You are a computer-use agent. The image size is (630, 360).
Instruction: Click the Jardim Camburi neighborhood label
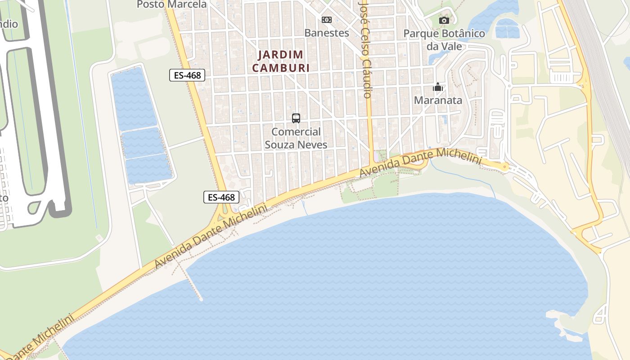(x=281, y=61)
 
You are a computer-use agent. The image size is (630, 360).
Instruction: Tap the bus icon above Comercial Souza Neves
(x=296, y=118)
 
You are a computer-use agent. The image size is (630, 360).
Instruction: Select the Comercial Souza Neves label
(x=296, y=138)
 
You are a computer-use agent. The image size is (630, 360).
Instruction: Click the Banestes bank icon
(x=326, y=19)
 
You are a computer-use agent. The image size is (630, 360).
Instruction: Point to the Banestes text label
(x=326, y=33)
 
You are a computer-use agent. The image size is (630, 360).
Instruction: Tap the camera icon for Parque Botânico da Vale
(x=444, y=20)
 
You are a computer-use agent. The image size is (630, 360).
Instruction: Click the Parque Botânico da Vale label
(x=444, y=40)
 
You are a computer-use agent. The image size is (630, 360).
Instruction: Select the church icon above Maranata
(x=438, y=87)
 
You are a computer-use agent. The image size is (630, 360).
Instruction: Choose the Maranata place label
(x=438, y=100)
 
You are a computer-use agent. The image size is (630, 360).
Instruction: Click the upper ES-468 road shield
(x=187, y=75)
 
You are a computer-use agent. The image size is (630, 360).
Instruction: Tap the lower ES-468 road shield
(x=220, y=197)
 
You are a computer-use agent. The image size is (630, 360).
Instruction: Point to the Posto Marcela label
(x=171, y=4)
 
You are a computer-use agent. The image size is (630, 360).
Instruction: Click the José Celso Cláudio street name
(x=365, y=49)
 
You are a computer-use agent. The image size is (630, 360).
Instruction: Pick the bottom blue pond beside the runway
(x=148, y=169)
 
